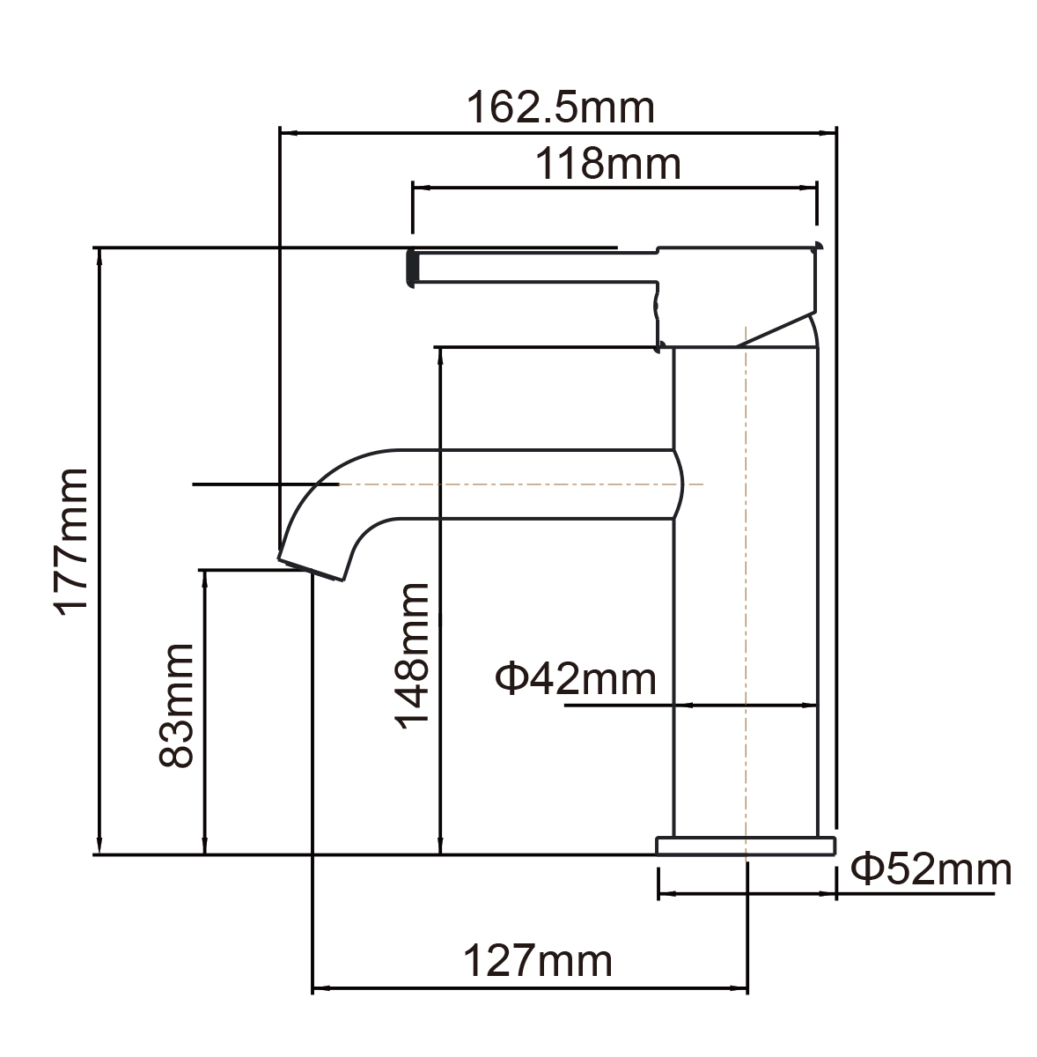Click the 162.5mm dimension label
tap(560, 108)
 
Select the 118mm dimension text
tap(610, 164)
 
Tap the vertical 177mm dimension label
tap(70, 540)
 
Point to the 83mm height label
tap(175, 705)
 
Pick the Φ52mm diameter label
tap(931, 870)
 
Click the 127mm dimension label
tap(537, 960)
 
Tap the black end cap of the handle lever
tap(410, 267)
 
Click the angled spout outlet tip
tap(312, 568)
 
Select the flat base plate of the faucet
tap(746, 846)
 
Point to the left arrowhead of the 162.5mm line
tap(286, 134)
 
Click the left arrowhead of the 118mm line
tap(420, 188)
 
